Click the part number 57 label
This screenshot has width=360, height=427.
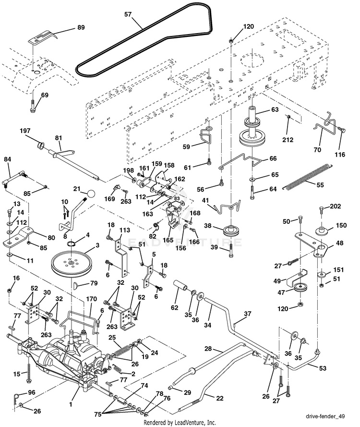click(128, 14)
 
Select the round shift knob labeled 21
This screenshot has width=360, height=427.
click(91, 194)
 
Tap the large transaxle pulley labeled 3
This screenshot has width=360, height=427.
click(72, 263)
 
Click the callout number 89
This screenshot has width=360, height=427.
click(81, 27)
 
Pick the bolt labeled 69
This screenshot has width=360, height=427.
click(33, 106)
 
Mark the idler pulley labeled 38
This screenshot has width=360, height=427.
click(230, 231)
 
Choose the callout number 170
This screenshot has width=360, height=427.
click(91, 299)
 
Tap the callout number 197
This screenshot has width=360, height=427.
click(25, 131)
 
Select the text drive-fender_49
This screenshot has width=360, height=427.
click(325, 416)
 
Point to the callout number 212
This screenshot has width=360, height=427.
click(288, 140)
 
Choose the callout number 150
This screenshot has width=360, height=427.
click(341, 225)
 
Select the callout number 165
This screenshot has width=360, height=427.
click(168, 240)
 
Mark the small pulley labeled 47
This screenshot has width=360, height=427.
click(300, 288)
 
